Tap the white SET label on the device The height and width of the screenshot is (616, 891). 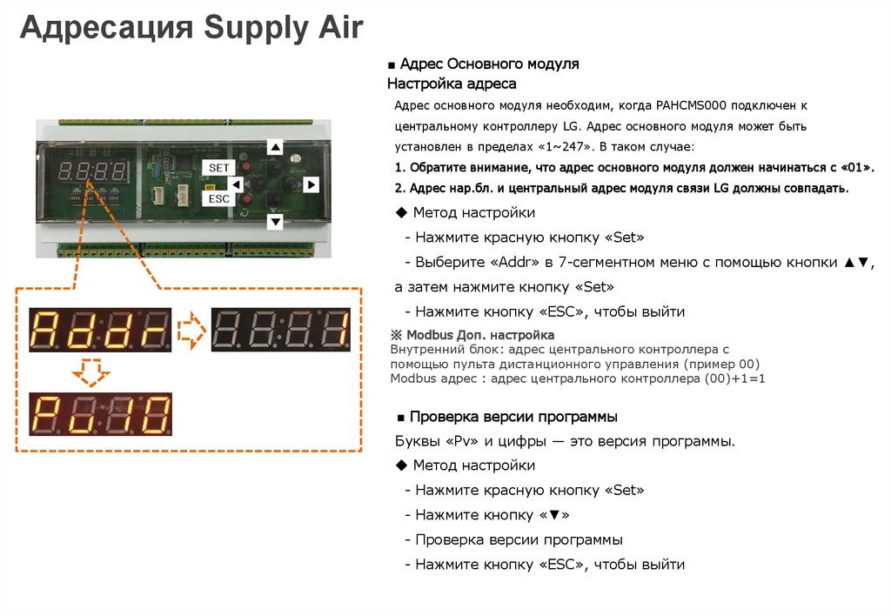point(218,166)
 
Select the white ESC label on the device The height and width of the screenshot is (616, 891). point(218,198)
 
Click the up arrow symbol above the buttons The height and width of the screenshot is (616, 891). point(275,148)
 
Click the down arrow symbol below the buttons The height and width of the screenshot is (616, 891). point(275,223)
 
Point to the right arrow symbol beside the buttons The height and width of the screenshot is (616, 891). point(311,184)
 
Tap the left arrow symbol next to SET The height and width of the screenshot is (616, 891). point(236,184)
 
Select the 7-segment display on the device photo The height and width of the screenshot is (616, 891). point(91,171)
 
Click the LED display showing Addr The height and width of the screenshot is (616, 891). point(100,330)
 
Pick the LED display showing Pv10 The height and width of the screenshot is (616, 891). point(100,414)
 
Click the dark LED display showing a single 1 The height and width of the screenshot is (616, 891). point(280,330)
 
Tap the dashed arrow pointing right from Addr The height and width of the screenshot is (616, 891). point(191,330)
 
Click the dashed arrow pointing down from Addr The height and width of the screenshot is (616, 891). point(90,372)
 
